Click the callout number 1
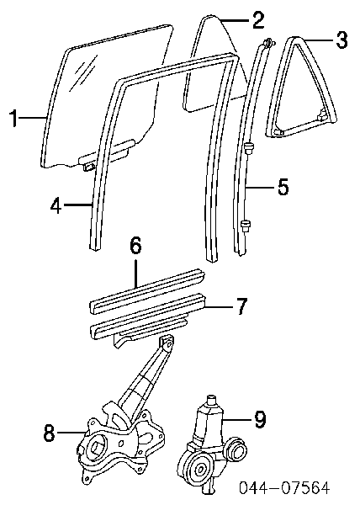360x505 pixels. (x=13, y=118)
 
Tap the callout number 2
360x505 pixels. (x=258, y=19)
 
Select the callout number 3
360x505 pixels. (x=341, y=40)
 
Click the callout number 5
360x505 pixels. (x=283, y=187)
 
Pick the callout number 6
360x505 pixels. (x=135, y=247)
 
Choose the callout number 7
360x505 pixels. (x=241, y=306)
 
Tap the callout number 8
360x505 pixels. (x=50, y=433)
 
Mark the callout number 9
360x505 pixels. (x=260, y=420)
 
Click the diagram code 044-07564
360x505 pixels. (x=284, y=487)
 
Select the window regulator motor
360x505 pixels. (x=211, y=445)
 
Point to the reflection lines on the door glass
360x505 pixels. (x=84, y=72)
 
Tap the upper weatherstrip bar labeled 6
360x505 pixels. (x=147, y=290)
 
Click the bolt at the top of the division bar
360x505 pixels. (x=267, y=43)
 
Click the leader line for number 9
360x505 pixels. (x=237, y=420)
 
